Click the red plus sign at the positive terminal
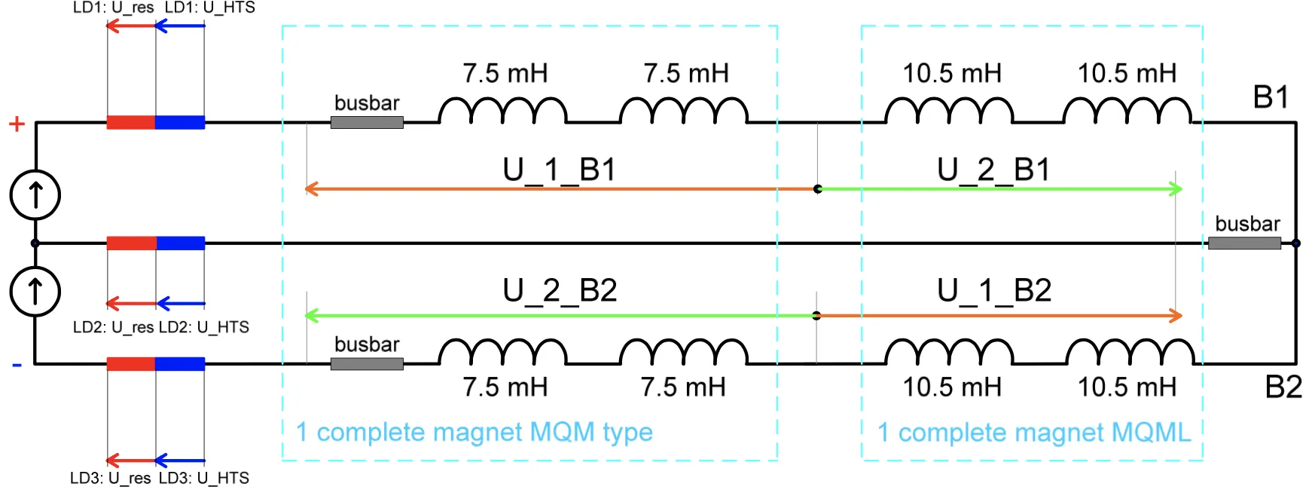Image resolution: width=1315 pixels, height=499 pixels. pyautogui.click(x=17, y=124)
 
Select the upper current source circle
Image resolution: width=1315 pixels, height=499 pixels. pyautogui.click(x=35, y=194)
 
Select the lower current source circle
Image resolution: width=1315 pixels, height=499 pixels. pyautogui.click(x=35, y=291)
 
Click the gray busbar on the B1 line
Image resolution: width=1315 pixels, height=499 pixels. pyautogui.click(x=367, y=122)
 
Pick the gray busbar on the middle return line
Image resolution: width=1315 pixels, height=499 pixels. pyautogui.click(x=1244, y=243)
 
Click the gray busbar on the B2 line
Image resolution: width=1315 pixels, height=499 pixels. pyautogui.click(x=367, y=363)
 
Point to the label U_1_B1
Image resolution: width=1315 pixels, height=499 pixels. pyautogui.click(x=560, y=170)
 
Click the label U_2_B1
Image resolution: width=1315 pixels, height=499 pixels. pyautogui.click(x=994, y=170)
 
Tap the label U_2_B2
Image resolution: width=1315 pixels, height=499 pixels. pyautogui.click(x=560, y=291)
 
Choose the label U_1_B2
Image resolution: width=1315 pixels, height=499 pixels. pyautogui.click(x=994, y=291)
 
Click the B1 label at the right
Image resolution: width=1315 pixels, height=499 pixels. pyautogui.click(x=1271, y=97)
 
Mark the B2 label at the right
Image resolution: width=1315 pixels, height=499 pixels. pyautogui.click(x=1283, y=387)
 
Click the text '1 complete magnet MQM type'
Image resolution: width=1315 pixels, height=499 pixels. pyautogui.click(x=474, y=433)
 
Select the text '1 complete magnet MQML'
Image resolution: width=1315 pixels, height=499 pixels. pyautogui.click(x=1034, y=433)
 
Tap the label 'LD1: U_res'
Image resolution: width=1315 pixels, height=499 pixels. pyautogui.click(x=114, y=8)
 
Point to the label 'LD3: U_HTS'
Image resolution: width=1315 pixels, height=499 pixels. pyautogui.click(x=204, y=478)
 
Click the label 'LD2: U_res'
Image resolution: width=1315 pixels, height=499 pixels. pyautogui.click(x=114, y=327)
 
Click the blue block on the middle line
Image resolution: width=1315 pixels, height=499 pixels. pyautogui.click(x=181, y=243)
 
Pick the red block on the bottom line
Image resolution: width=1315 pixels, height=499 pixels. pyautogui.click(x=131, y=364)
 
